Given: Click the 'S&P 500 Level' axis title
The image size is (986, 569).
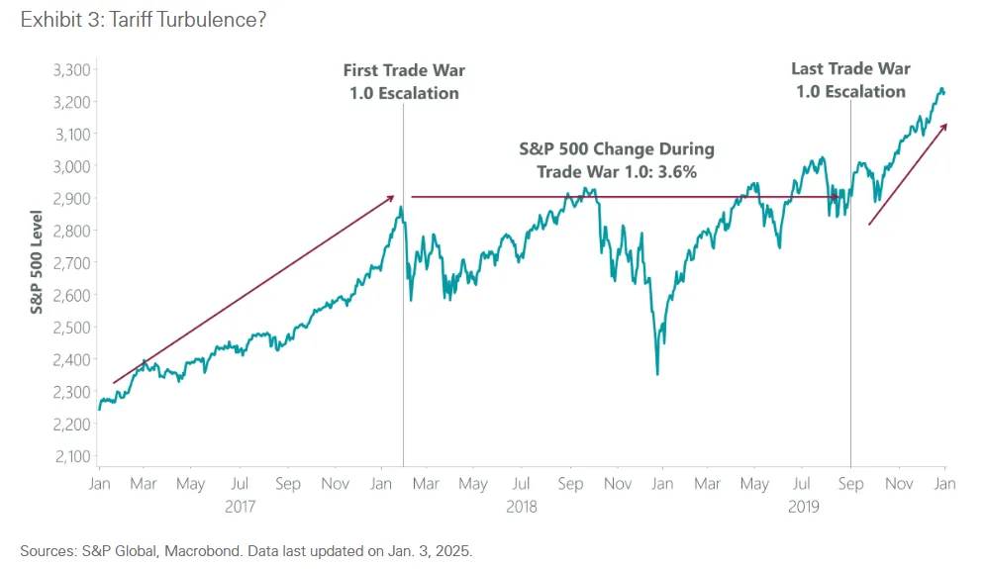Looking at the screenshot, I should (x=36, y=263).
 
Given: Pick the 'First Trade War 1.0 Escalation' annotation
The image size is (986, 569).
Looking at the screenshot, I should (x=404, y=81).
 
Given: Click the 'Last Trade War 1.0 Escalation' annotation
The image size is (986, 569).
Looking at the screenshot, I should (x=850, y=80).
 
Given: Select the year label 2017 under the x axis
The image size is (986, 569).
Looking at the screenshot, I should (x=241, y=506).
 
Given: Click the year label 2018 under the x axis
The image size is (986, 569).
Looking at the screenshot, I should (x=522, y=506).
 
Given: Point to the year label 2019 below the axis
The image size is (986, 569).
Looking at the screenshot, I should (x=804, y=506).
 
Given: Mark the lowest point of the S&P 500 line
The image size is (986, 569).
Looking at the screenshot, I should (x=657, y=374).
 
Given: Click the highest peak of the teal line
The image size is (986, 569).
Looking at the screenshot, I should (x=940, y=88).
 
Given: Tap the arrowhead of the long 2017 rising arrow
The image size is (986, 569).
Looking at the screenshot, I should (x=393, y=197).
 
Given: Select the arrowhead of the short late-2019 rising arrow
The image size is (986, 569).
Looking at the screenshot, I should (x=945, y=126).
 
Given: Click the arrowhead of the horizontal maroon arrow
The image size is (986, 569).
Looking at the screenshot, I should (x=842, y=197).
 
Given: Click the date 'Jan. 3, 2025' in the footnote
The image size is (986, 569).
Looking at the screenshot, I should (x=444, y=549).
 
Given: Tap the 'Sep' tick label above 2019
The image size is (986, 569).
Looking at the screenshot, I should (x=850, y=484).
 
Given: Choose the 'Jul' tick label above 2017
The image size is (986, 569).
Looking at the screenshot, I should (x=240, y=484).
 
